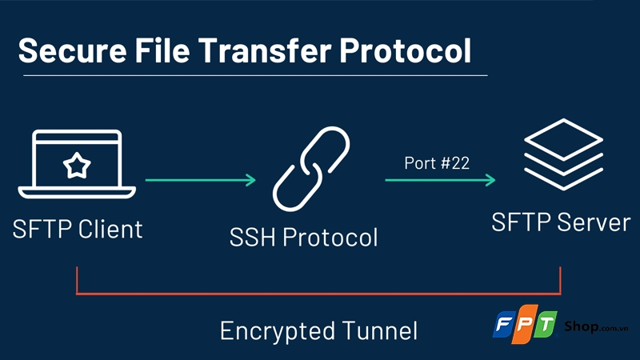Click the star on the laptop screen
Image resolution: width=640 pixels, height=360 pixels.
click(77, 166)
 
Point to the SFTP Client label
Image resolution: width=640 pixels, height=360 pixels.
click(78, 229)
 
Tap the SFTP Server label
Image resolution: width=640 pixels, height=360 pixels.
click(561, 222)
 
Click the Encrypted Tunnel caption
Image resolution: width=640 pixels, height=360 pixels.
click(318, 330)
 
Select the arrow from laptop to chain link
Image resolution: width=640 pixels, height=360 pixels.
click(201, 181)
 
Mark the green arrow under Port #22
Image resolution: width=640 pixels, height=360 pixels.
click(440, 181)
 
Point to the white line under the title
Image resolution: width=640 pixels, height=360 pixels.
click(253, 75)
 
